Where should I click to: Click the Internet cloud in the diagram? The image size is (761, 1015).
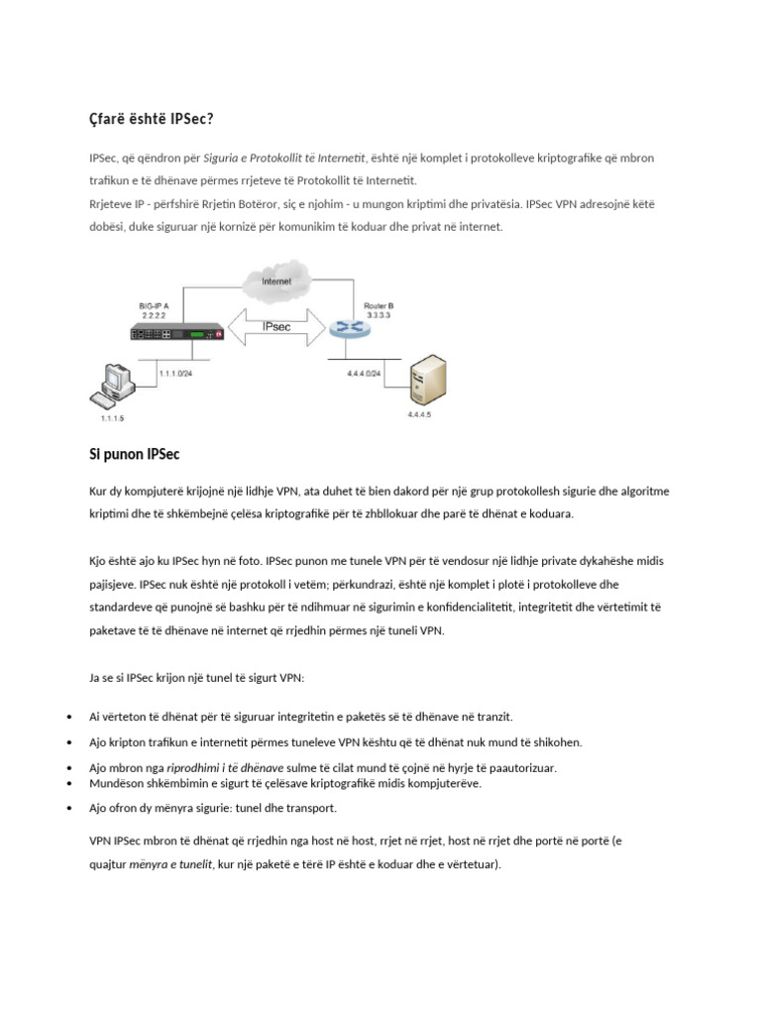(x=276, y=282)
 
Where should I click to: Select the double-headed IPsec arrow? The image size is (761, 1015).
(x=277, y=326)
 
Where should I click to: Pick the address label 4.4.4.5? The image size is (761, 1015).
(x=419, y=413)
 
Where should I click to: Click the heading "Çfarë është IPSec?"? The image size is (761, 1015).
(x=151, y=120)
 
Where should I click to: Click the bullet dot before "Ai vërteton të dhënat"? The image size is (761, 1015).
(x=67, y=717)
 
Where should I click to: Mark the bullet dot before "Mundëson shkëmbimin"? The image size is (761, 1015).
(x=67, y=783)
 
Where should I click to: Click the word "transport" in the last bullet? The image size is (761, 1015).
(x=311, y=808)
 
